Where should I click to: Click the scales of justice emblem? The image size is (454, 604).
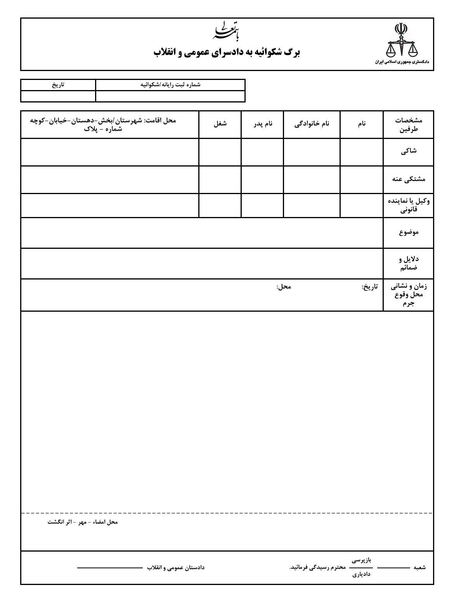(x=401, y=41)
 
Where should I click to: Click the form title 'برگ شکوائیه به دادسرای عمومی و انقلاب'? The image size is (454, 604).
(x=227, y=52)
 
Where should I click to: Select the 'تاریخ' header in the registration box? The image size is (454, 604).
(x=58, y=85)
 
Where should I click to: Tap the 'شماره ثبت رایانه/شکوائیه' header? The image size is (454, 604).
(x=170, y=85)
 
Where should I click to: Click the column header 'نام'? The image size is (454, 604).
(x=362, y=124)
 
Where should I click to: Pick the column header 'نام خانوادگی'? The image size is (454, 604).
(x=312, y=124)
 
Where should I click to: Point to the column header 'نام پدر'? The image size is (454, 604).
(x=263, y=124)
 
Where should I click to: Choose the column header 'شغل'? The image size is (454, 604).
(x=220, y=124)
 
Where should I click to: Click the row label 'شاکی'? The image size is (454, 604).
(x=409, y=152)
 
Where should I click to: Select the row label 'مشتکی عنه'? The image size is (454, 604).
(x=409, y=179)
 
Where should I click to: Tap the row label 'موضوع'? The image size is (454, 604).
(x=409, y=232)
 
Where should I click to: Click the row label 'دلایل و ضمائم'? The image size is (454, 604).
(x=409, y=263)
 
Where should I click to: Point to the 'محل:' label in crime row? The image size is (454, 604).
(x=284, y=287)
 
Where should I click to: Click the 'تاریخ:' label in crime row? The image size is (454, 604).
(x=369, y=287)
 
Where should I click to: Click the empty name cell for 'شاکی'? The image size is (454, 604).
(x=362, y=152)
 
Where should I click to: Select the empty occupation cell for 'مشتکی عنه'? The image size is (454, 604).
(x=220, y=179)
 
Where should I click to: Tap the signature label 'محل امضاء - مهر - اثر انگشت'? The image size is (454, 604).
(x=83, y=522)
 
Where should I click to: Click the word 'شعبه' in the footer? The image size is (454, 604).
(x=419, y=568)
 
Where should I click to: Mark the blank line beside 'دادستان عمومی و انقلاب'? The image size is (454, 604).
(x=110, y=568)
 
